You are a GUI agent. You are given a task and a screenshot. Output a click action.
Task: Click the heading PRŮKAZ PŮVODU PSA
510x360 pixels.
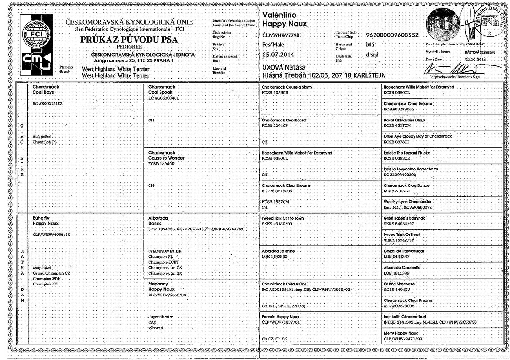pyautogui.click(x=129, y=40)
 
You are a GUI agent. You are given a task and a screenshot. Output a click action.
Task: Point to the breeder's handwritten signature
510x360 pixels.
pyautogui.click(x=473, y=70)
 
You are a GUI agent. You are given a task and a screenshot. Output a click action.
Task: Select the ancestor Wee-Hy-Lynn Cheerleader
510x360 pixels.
pyautogui.click(x=407, y=202)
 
